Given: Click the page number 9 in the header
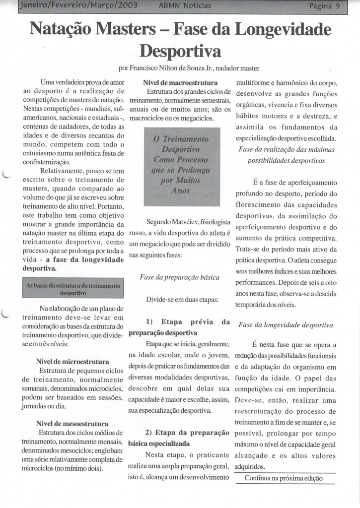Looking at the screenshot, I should point(337,6).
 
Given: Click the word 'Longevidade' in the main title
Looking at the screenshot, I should point(282,31).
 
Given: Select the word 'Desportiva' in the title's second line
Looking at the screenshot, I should point(180,51).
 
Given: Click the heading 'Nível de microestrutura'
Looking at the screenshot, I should point(73,362).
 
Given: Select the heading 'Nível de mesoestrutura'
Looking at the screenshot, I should point(72,424).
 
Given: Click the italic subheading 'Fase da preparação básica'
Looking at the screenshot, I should point(177,277).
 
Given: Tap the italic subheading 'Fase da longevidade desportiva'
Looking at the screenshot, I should point(286,325).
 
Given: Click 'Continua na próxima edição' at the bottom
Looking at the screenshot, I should point(284,478).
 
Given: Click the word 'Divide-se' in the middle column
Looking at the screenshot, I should point(161,300).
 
